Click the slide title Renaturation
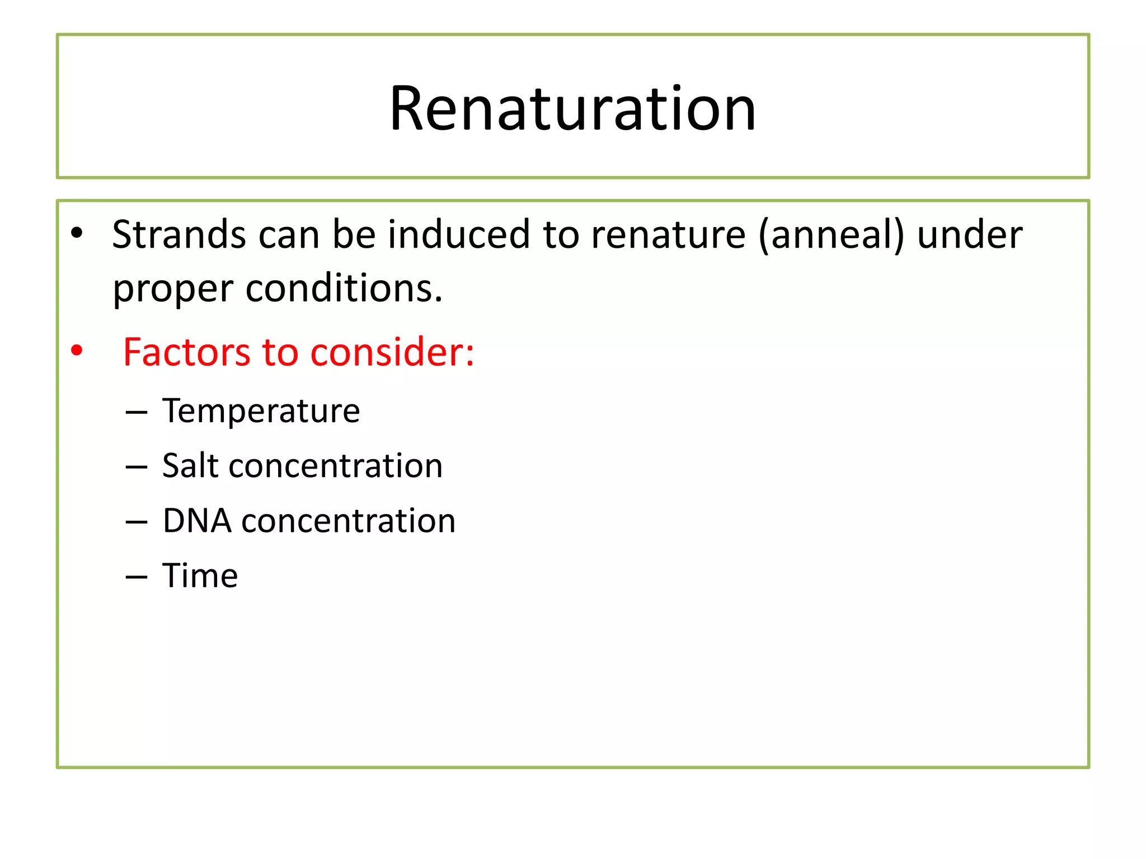(572, 108)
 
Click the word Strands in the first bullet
(179, 234)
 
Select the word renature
(668, 234)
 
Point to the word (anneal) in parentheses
(831, 235)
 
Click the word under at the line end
(969, 234)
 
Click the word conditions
(343, 289)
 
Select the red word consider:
(392, 352)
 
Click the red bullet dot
(77, 351)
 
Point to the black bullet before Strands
(77, 233)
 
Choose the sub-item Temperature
(261, 411)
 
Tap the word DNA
(197, 521)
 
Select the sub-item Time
(200, 575)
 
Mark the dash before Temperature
(137, 413)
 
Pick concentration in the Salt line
(336, 466)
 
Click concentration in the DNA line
(348, 521)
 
